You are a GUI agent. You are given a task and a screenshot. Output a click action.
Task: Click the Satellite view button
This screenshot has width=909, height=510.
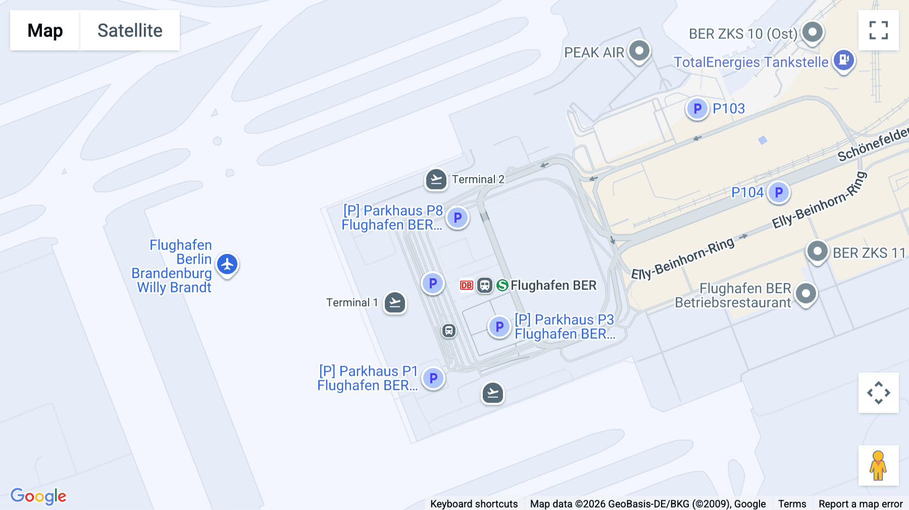point(130,30)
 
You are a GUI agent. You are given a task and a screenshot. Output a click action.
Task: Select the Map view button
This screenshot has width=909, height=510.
point(45,30)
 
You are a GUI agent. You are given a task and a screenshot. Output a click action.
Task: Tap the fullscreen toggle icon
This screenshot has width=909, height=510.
point(878,30)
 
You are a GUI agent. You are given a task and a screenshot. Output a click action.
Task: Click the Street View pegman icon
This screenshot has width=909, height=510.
point(878,466)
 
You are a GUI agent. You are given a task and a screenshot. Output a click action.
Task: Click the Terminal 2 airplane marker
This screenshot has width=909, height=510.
point(436,179)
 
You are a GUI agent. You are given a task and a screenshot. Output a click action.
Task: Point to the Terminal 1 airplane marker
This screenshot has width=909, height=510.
point(394,303)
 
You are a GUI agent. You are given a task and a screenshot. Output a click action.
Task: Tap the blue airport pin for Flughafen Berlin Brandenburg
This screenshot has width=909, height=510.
point(227,264)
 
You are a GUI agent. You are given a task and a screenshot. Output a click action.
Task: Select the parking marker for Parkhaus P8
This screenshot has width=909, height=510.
point(458,218)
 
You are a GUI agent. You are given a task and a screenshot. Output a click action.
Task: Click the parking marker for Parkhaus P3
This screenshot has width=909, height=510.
point(499,327)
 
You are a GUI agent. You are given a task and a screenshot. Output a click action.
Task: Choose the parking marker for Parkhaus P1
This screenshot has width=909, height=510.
point(433,378)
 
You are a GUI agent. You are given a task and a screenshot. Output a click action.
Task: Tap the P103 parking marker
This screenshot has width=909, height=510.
point(697,109)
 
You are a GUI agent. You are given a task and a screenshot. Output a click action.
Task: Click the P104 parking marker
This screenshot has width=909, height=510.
point(778,192)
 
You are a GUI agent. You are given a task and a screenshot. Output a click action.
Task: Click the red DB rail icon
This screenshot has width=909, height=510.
point(466,285)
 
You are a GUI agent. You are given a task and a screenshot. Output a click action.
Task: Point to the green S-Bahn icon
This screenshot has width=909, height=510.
point(502,285)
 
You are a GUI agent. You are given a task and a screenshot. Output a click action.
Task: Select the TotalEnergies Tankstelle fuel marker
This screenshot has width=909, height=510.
point(843,60)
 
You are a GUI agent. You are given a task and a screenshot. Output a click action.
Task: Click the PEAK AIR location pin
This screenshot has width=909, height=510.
point(639,50)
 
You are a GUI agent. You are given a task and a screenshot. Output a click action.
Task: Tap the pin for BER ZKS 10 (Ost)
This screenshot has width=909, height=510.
point(813,32)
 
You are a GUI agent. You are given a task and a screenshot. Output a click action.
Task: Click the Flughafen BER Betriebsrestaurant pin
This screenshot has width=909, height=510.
point(805,293)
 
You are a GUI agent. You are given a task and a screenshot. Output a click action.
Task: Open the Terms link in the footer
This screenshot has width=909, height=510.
point(792,503)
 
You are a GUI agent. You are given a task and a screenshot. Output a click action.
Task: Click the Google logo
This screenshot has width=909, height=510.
point(38,496)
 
